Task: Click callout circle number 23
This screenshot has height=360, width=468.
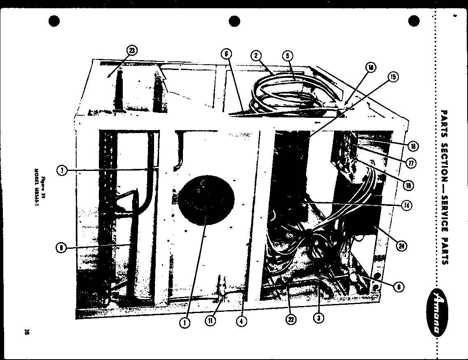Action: (131, 51)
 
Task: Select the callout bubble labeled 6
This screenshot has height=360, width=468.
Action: (226, 54)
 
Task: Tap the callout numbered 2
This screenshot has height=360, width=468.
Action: (256, 56)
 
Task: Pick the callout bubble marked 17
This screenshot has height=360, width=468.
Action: (411, 163)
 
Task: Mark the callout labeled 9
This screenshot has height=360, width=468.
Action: (398, 287)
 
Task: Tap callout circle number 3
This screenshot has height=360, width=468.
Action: (318, 317)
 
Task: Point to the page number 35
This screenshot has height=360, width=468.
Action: (26, 332)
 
